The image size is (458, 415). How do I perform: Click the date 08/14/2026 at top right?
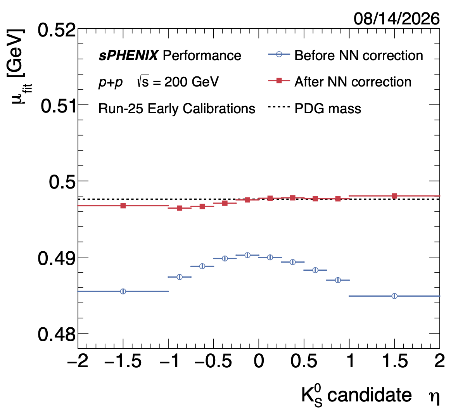396,19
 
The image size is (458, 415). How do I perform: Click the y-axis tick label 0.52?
57,30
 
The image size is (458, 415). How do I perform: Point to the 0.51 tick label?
58,106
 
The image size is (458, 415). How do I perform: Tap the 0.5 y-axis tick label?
62,182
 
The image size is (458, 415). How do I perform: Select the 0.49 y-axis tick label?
57,258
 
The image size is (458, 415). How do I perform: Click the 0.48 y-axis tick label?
57,334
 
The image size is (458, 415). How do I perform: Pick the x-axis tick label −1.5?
123,361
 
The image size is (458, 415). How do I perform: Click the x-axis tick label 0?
259,361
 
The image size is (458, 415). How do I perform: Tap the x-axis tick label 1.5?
395,361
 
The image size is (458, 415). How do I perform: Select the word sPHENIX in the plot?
128,55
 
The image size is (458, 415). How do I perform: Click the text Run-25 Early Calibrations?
177,109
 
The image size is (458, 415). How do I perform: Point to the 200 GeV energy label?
191,82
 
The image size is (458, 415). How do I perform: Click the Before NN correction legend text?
359,55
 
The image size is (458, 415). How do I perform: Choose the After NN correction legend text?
353,82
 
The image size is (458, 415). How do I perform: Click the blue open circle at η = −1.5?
123,291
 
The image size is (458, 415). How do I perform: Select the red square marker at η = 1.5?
394,196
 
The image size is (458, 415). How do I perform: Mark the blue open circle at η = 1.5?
394,296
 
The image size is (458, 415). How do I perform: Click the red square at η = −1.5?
123,206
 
